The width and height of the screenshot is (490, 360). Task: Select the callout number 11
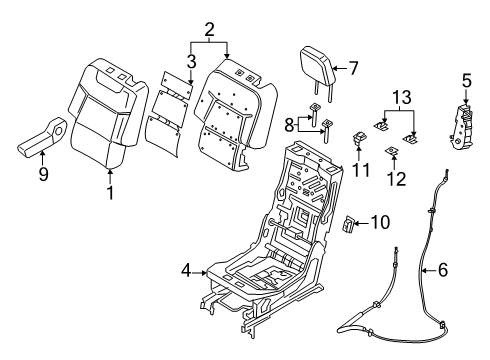click(x=361, y=170)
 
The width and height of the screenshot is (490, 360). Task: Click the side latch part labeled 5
click(x=463, y=130)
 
